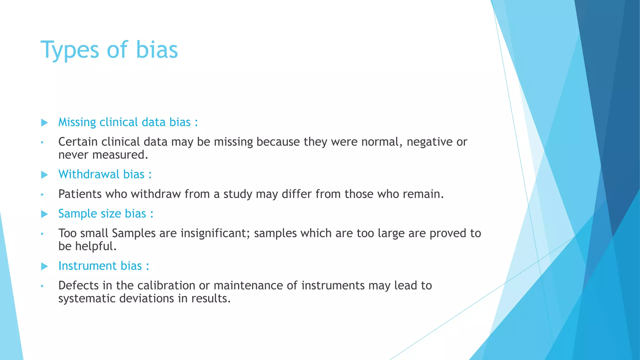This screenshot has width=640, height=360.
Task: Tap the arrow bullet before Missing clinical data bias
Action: pos(44,122)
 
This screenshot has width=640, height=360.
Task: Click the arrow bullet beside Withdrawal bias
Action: pos(44,175)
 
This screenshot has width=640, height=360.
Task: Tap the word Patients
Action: pos(80,194)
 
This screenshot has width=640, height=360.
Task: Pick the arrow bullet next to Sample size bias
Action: pos(44,214)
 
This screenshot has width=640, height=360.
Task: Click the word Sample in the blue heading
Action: pos(73,214)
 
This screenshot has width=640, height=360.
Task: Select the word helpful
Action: pos(96,246)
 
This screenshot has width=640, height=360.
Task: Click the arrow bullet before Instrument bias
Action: pos(44,266)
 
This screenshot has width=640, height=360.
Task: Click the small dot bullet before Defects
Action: pos(42,286)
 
